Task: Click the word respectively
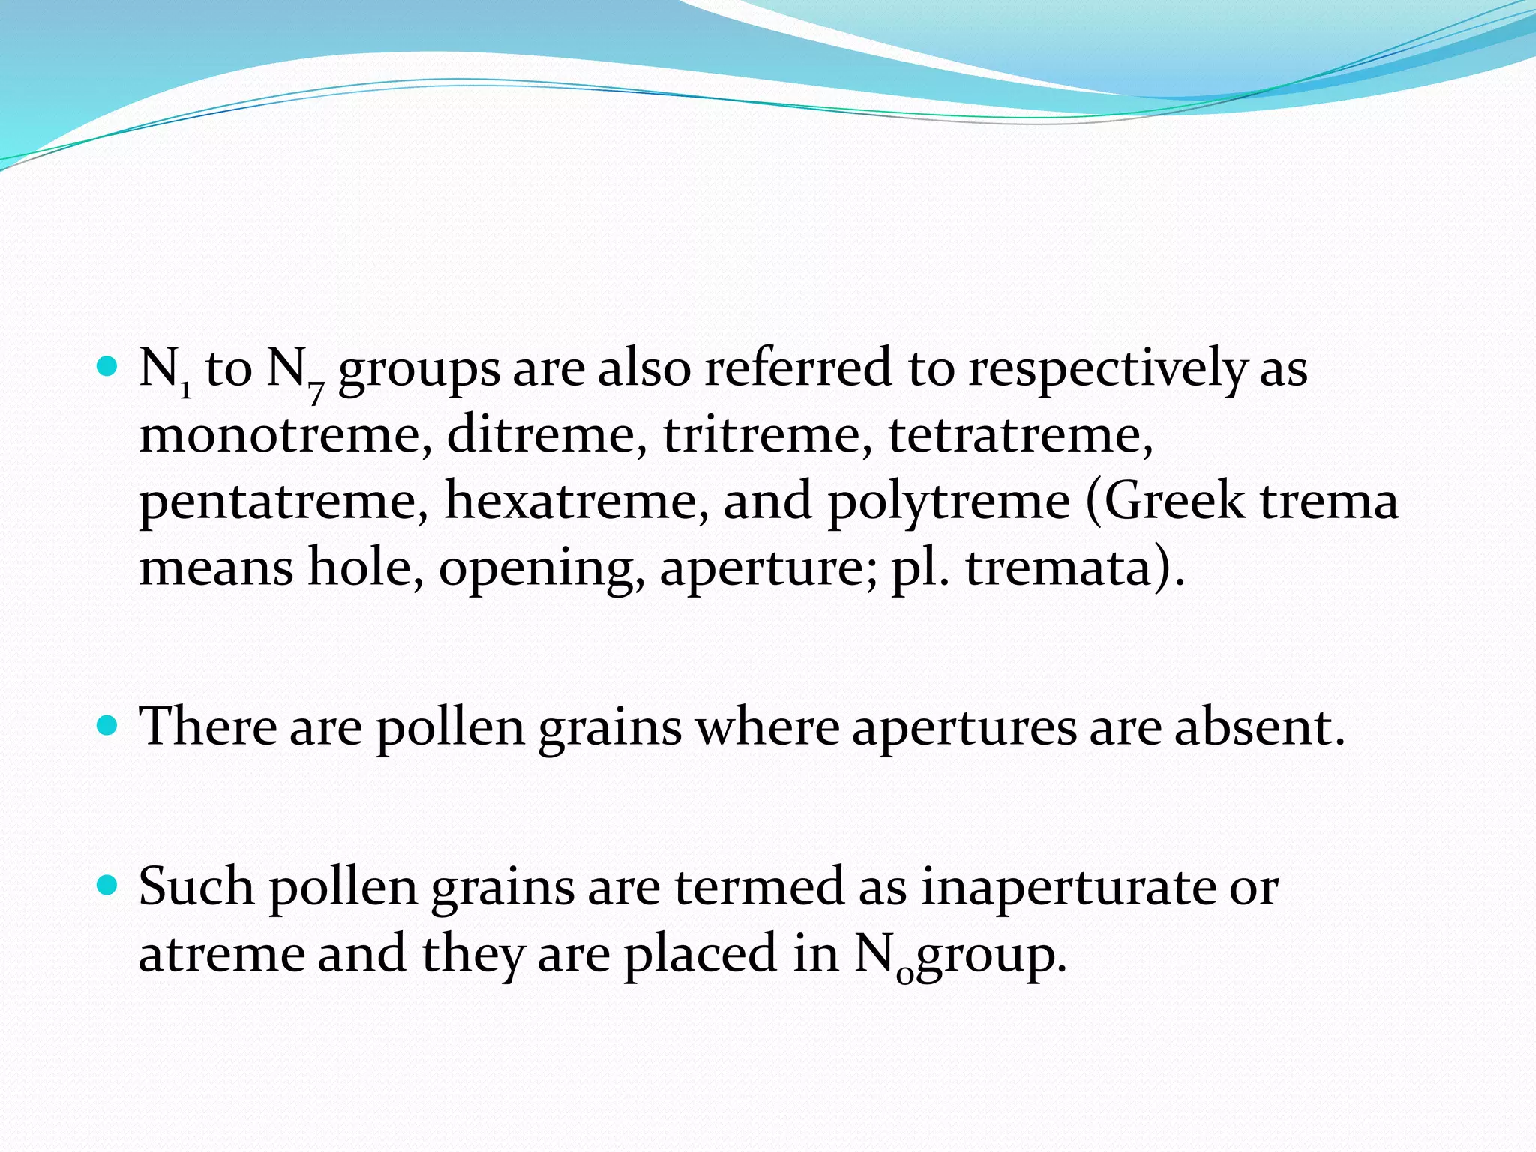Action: pos(1107,370)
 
